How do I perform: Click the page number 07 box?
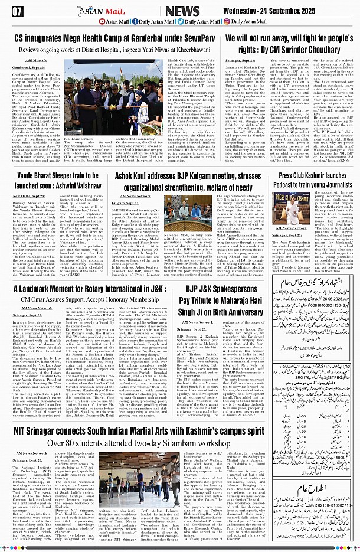(x=17, y=11)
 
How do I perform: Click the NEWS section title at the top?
(x=182, y=11)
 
